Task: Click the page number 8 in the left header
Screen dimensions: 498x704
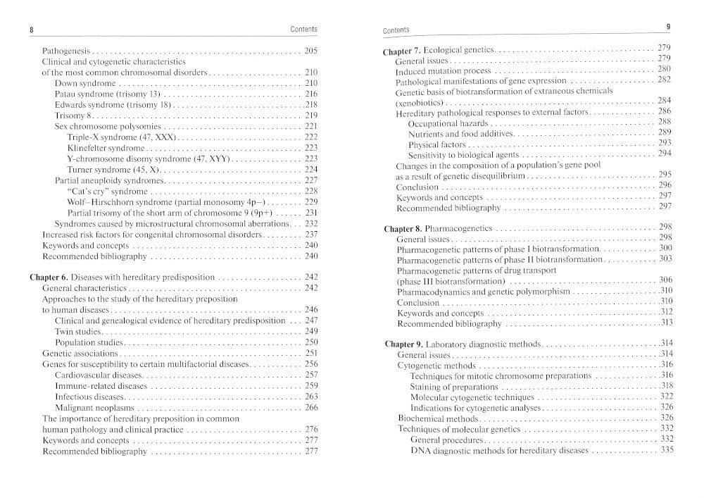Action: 32,29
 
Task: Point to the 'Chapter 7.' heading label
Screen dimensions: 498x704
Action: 402,51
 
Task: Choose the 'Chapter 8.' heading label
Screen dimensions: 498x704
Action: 403,229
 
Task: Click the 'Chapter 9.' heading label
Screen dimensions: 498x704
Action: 403,344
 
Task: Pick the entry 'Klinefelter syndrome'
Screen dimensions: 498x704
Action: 106,148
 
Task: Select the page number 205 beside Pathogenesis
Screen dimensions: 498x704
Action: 311,51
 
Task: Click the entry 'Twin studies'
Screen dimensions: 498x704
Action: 79,331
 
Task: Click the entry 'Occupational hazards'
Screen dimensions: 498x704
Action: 449,123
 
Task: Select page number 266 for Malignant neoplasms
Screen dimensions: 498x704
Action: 311,408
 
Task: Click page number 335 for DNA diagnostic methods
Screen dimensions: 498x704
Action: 667,450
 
